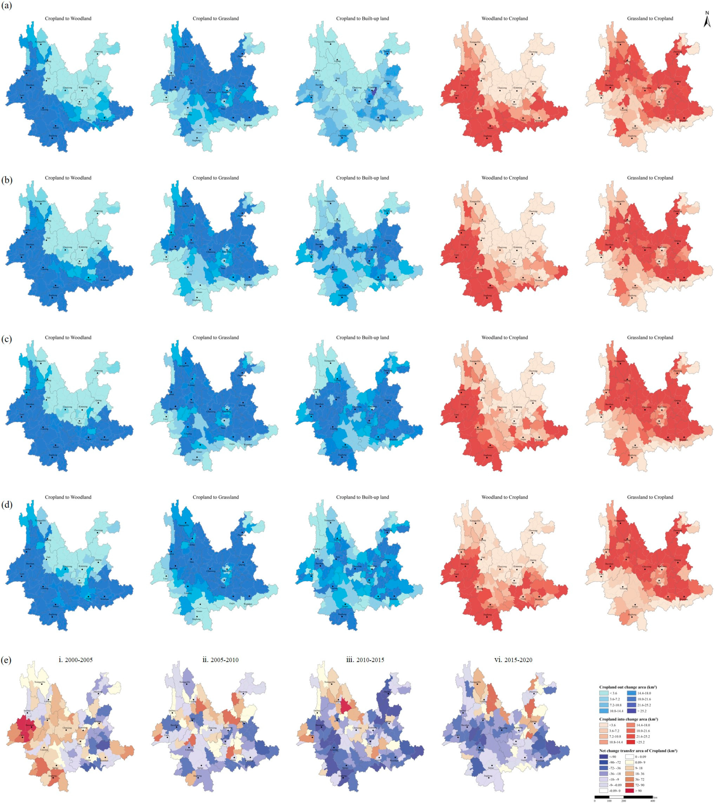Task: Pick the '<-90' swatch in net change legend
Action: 605,757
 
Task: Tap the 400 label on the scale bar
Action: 653,801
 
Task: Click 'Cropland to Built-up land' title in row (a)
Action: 362,19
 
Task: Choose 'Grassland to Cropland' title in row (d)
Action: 650,497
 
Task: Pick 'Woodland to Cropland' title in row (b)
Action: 504,178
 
